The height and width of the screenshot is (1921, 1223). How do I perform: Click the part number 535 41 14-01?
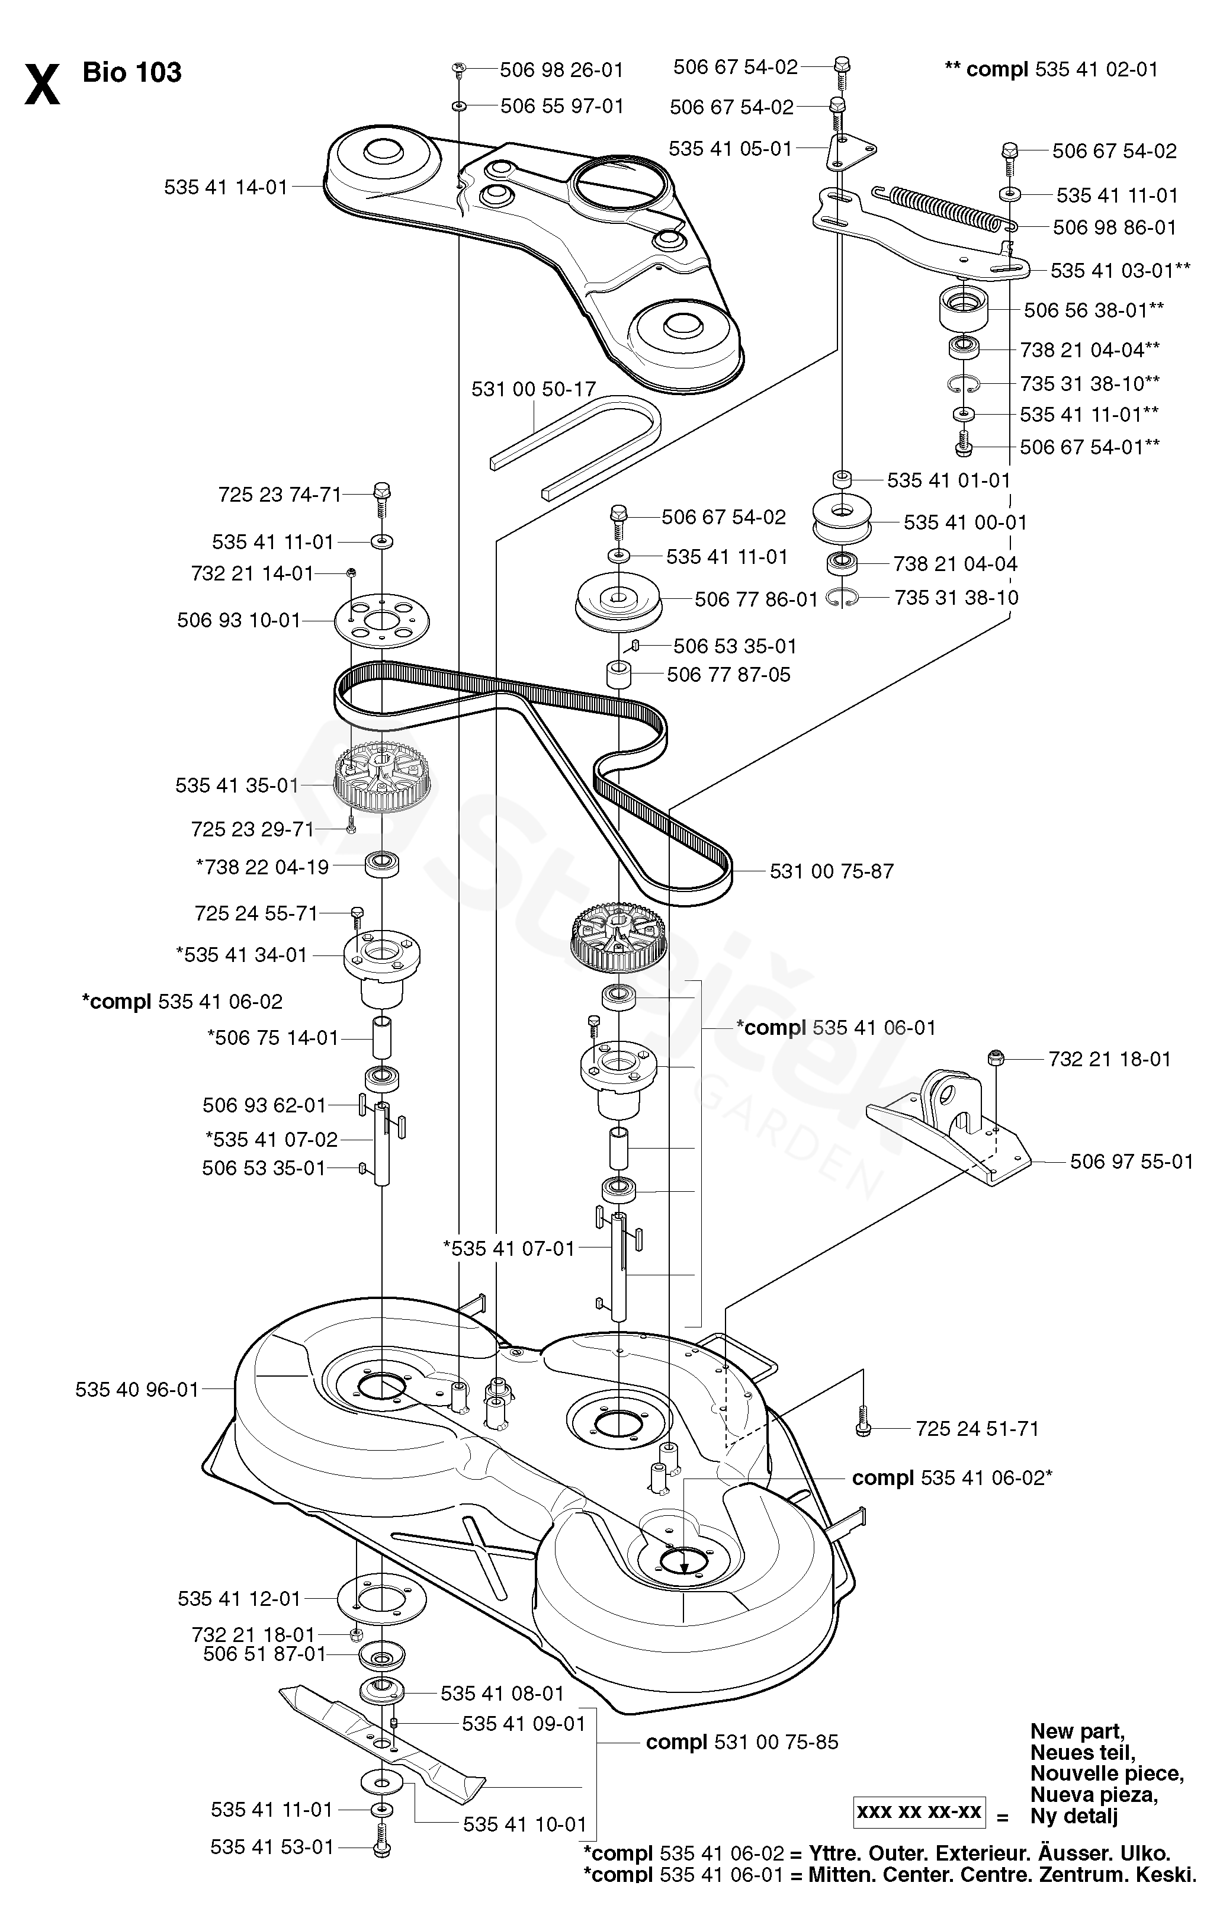(226, 187)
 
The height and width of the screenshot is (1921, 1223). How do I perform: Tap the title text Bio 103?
(133, 73)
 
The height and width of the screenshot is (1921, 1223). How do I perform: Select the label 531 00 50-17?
(534, 389)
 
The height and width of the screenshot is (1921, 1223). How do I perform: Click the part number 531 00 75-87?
(832, 871)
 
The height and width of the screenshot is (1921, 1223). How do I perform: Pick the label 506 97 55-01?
(1131, 1162)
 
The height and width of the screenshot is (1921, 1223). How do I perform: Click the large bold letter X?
(42, 86)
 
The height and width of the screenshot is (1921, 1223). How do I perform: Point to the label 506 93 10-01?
(239, 621)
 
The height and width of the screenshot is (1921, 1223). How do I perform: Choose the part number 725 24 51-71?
(977, 1429)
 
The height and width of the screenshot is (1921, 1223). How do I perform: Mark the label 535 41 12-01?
(239, 1599)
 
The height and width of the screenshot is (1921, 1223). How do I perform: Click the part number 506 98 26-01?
(561, 70)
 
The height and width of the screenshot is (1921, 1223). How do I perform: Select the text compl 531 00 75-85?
(742, 1742)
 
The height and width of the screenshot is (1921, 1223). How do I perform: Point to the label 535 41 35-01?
(237, 786)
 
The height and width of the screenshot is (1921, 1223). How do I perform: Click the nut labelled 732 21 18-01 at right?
(994, 1059)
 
